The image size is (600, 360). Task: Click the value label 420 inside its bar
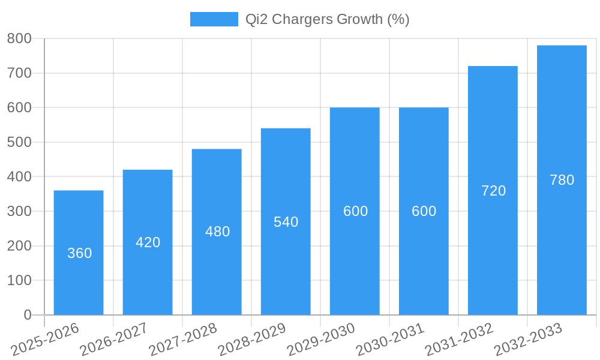148,242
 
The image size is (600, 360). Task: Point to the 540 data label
286,222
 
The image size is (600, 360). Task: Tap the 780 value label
562,180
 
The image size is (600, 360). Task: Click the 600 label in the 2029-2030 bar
355,211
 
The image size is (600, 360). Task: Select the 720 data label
493,191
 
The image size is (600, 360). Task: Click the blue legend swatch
214,19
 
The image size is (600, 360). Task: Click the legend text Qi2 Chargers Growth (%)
327,19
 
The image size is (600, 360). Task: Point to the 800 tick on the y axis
19,38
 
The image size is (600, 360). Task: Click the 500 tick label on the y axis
19,142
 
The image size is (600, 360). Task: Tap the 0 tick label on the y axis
28,315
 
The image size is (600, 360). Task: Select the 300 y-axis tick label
19,211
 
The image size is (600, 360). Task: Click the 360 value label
79,253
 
